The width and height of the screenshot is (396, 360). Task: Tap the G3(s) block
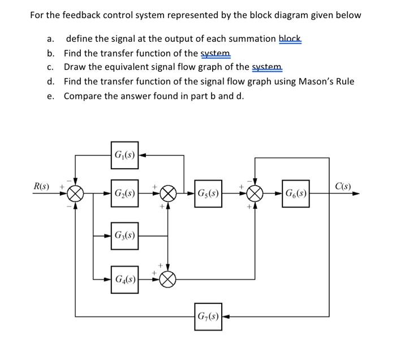[124, 235]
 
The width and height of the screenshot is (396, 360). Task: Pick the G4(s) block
[124, 278]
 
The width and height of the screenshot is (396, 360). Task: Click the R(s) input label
[41, 186]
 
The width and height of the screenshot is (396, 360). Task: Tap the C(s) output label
[343, 186]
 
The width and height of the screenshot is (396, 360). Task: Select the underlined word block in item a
[291, 39]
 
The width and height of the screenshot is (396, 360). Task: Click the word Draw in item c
[75, 67]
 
